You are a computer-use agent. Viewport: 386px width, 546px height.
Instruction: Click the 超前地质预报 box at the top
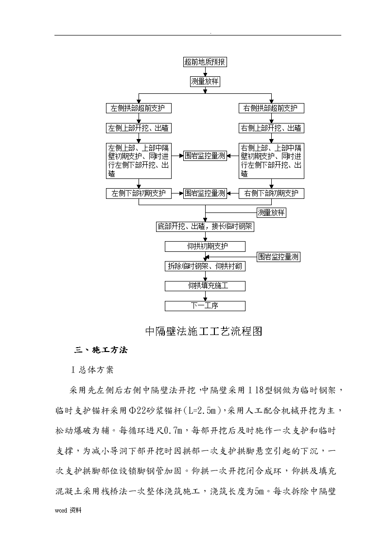205,62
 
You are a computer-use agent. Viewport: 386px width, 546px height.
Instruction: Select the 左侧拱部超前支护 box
139,108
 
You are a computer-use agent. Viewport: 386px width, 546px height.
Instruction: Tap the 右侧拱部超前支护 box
271,108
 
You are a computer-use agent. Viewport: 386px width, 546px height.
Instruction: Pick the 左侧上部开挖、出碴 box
139,128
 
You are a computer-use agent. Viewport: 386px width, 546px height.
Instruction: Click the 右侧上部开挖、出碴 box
271,128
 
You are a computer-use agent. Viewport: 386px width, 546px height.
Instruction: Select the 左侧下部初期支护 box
139,193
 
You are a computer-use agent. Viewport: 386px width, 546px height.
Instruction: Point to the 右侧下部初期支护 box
271,193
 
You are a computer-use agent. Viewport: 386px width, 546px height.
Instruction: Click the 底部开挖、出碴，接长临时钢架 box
205,227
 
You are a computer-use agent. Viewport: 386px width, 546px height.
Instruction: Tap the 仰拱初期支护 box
205,247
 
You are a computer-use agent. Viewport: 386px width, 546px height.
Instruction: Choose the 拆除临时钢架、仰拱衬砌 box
205,266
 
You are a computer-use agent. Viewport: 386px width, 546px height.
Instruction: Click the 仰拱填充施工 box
205,286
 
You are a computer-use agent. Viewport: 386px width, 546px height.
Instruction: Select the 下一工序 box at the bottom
205,306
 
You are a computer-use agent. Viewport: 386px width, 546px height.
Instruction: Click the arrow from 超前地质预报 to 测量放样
205,72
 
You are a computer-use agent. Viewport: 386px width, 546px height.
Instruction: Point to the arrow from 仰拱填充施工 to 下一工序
205,296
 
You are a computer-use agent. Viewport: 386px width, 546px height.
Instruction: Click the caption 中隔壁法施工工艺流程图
204,331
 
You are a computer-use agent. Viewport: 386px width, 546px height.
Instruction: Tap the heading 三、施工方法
101,350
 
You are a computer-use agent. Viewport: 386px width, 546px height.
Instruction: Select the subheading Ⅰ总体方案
92,370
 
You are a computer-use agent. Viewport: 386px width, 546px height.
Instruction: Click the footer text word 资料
68,511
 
